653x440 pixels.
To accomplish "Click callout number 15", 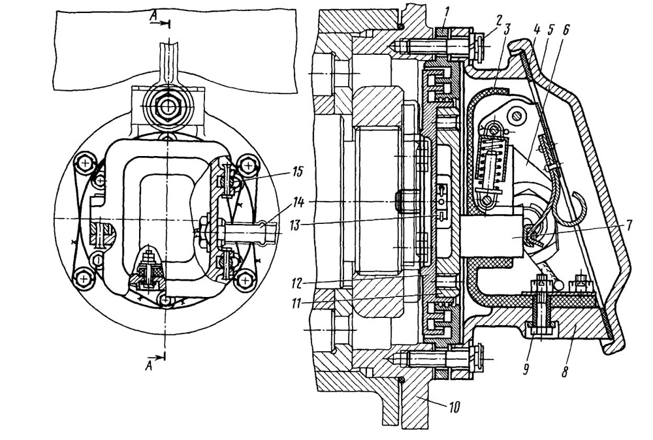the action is click(298, 172).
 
